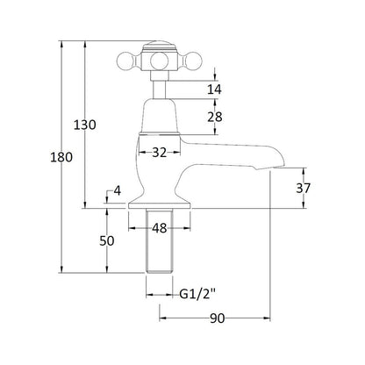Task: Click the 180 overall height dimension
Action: [61, 157]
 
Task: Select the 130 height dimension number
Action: [84, 125]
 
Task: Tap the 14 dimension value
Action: [214, 89]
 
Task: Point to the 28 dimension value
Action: [215, 117]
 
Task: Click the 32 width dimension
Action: [159, 153]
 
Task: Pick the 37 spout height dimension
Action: [303, 188]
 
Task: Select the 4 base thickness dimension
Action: [117, 191]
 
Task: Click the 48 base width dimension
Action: [160, 228]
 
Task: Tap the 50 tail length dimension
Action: [107, 241]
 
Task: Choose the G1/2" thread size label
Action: [197, 294]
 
